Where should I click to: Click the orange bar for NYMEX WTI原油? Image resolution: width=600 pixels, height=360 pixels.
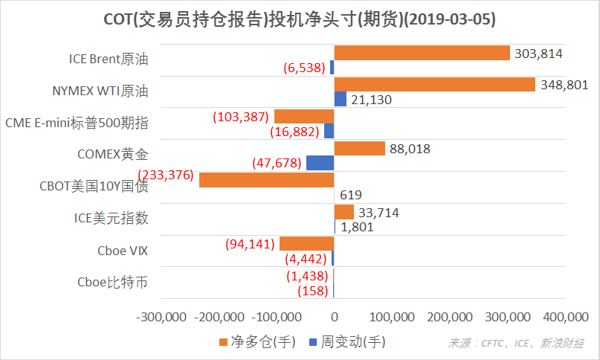click(434, 85)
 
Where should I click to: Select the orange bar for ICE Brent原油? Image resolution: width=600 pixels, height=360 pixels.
click(422, 53)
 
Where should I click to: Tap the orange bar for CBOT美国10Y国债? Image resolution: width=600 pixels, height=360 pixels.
click(266, 180)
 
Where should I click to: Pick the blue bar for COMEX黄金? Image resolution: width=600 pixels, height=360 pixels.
click(320, 162)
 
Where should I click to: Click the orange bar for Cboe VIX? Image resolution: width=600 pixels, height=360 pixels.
click(306, 244)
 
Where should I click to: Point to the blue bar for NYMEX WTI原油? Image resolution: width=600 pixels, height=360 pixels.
click(341, 99)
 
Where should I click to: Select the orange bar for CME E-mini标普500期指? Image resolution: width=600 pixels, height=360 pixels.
click(304, 117)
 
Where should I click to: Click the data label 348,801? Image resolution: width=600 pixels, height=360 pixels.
click(563, 85)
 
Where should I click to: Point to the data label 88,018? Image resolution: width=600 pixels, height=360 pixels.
click(410, 149)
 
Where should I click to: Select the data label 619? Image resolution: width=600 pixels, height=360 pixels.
click(350, 195)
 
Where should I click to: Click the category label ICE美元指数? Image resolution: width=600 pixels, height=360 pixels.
click(111, 219)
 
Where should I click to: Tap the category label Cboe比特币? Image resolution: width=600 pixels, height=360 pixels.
click(112, 283)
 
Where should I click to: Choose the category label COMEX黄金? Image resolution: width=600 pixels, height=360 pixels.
click(112, 155)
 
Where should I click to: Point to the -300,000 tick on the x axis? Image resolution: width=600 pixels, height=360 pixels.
click(161, 317)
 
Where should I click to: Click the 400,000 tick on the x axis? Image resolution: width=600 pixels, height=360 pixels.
click(565, 317)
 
